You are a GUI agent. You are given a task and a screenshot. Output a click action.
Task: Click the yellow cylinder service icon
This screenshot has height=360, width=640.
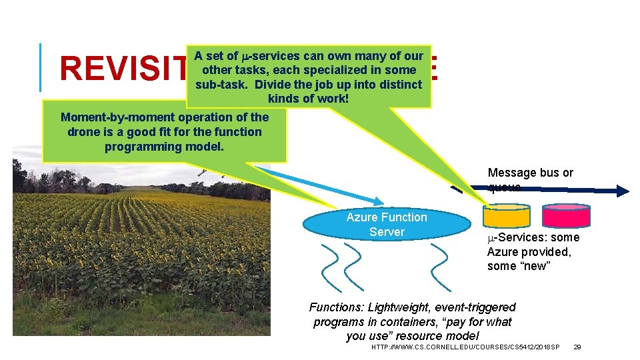coord(506,215)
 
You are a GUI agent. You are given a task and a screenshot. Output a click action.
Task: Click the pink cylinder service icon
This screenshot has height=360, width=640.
coord(566,215)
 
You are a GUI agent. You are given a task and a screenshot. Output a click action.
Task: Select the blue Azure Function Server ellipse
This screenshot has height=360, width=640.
coord(387,225)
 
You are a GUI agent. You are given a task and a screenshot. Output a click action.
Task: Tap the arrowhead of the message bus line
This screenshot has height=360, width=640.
coord(621,191)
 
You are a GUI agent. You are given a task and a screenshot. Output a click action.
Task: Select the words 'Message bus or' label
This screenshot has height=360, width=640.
coord(531,173)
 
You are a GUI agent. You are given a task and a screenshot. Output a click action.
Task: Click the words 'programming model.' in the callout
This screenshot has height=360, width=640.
coord(165,147)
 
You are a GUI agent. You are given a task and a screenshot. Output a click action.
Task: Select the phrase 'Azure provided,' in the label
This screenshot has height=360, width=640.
coord(529,252)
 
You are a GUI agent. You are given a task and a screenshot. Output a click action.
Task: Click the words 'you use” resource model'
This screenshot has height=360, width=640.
coord(412,336)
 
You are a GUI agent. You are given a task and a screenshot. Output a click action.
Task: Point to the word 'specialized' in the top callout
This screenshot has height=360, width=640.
coord(337,70)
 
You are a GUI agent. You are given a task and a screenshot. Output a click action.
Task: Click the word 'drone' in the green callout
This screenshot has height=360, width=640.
coord(83,132)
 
